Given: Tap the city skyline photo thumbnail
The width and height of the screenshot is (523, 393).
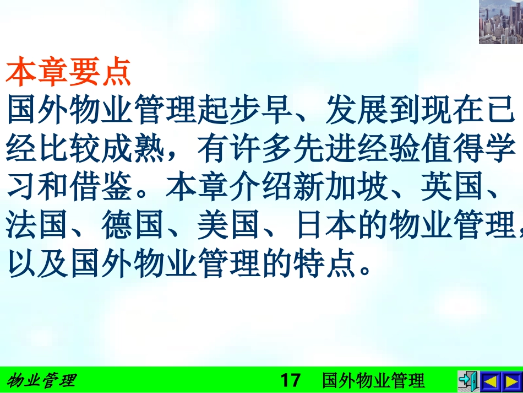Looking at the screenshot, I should coord(500,22).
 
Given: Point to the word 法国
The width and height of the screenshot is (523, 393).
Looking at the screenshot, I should coord(38,227).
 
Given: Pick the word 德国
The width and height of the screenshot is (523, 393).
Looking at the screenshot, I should coord(134,227).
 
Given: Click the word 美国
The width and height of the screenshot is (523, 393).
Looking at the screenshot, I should coord(230,227).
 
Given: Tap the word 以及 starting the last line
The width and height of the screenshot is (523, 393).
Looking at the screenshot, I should coord(38,265).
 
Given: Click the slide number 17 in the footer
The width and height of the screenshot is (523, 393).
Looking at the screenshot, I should coord(291,380).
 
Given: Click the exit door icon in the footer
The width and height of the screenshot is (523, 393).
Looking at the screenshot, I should coord(467,380).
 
